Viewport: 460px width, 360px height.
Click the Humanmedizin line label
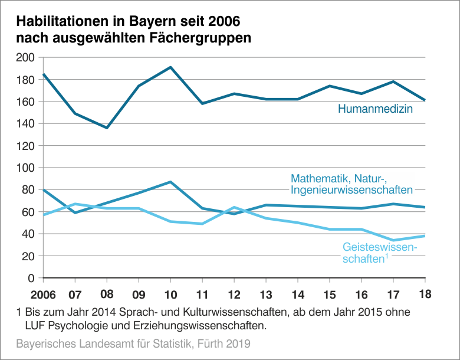(374, 109)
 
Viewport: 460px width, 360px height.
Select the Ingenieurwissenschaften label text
(351, 189)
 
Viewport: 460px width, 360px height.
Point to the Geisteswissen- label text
(380, 247)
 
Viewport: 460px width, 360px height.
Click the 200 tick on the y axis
(27, 58)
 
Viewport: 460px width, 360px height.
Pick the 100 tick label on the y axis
(27, 168)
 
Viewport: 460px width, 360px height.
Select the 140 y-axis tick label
(27, 124)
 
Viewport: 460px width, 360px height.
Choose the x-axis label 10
(170, 293)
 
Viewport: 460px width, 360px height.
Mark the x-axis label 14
(298, 293)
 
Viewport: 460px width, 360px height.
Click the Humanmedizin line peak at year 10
(170, 67)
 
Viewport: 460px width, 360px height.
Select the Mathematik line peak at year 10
(170, 182)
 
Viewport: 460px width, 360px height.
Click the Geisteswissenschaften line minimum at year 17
(393, 240)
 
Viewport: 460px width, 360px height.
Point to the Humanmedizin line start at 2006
(44, 74)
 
